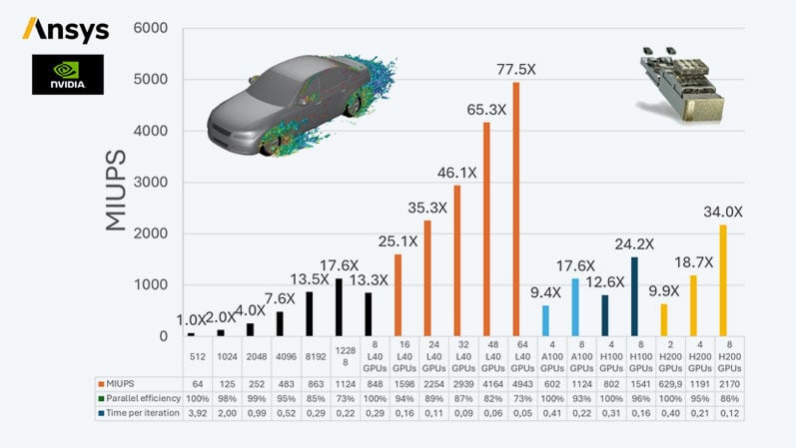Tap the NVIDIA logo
tap(66, 75)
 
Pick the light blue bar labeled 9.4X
tap(545, 320)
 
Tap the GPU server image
tap(680, 81)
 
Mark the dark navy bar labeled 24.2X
tap(633, 296)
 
